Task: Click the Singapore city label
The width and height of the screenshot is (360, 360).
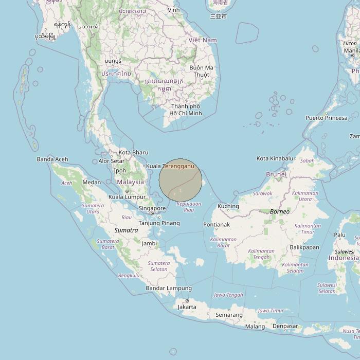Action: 151,208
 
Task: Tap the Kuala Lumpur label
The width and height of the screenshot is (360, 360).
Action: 127,197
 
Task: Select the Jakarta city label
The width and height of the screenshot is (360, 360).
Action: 187,307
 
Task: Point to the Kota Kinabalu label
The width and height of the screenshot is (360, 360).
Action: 275,158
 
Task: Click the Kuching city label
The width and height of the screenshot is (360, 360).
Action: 228,206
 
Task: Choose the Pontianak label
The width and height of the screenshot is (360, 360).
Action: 217,225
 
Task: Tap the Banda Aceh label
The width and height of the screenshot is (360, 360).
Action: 52,159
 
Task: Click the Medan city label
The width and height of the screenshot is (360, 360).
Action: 92,183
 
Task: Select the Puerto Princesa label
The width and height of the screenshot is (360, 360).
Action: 327,118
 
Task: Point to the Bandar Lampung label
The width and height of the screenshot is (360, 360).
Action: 169,289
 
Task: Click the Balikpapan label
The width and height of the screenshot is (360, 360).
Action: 304,247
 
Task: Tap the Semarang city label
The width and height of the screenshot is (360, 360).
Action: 229,315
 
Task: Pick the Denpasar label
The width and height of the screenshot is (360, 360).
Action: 285,326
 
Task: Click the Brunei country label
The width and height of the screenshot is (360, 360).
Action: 276,174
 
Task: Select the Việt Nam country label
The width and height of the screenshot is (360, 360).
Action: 203,40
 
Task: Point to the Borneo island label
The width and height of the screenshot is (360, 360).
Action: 280,211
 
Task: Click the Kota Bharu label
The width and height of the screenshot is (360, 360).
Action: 133,152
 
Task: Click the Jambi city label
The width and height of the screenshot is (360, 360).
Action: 149,243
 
